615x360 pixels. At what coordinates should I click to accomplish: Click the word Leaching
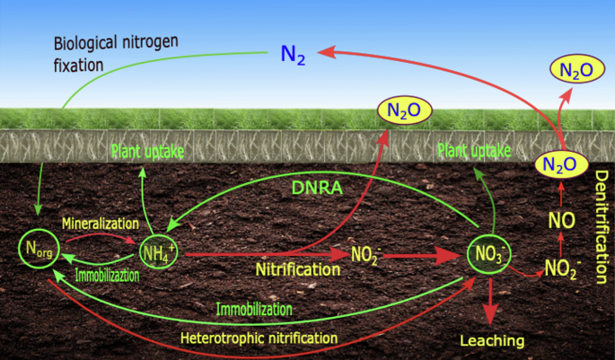(491, 340)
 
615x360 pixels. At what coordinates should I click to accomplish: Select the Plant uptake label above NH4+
(147, 152)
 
